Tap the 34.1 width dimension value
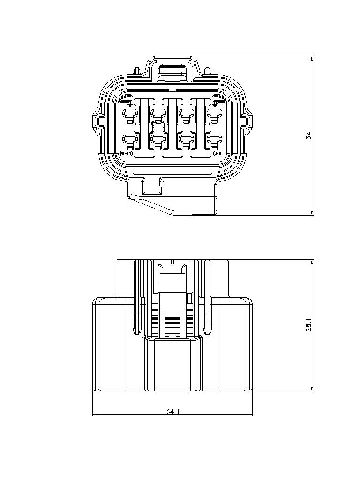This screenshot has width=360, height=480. (x=173, y=411)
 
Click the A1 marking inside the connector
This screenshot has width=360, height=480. (x=217, y=153)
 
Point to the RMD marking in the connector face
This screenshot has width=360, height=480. (x=127, y=153)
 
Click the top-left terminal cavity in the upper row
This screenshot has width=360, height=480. (x=129, y=113)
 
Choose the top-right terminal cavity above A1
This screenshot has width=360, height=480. (x=215, y=113)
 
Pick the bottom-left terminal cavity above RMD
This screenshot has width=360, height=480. (x=129, y=139)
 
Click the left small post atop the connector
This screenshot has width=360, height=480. (x=137, y=71)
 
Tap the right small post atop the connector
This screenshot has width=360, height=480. (x=207, y=71)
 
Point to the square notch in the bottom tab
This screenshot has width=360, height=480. (x=152, y=186)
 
